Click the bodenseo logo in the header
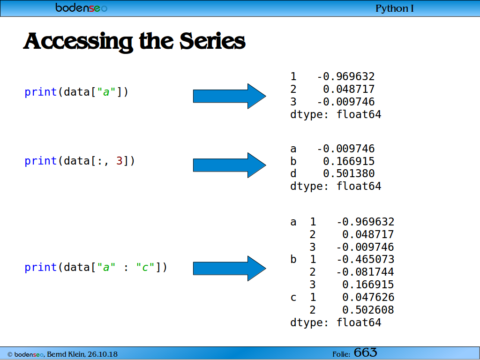tap(81, 7)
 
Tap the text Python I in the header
tap(395, 8)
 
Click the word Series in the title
tap(212, 41)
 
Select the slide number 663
tap(366, 352)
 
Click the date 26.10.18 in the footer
tap(103, 354)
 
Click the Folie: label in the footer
tap(341, 354)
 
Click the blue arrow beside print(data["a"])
tap(230, 96)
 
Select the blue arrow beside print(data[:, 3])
tap(230, 165)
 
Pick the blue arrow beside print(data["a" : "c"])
tap(230, 269)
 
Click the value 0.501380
tap(349, 173)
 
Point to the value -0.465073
tap(366, 259)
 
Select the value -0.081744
tap(366, 272)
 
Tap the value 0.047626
tap(368, 297)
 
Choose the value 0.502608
tap(368, 310)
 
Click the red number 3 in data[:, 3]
tap(119, 161)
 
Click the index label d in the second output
tap(293, 173)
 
